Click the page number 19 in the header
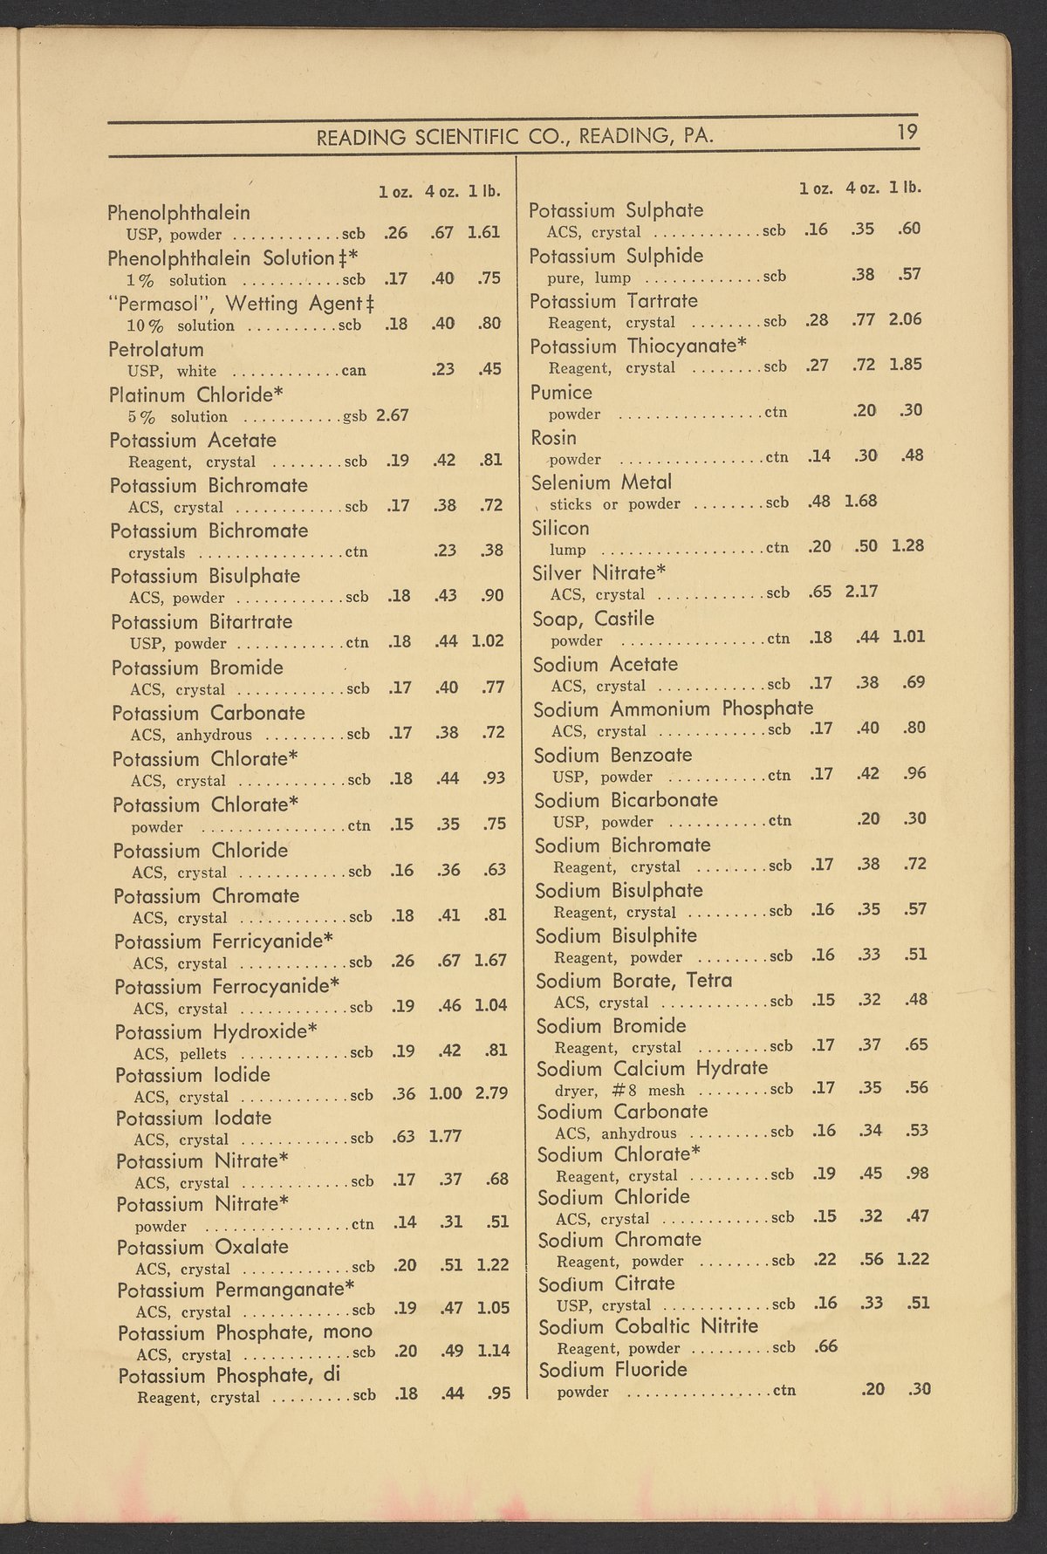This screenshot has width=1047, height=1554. coord(906,133)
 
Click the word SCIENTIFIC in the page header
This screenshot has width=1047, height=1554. coord(463,137)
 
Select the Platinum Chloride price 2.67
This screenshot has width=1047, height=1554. coord(393,414)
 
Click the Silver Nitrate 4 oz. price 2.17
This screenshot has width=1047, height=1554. coord(860,592)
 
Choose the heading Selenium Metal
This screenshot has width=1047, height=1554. coord(602,482)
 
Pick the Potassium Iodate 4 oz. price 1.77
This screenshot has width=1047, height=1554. coord(446,1136)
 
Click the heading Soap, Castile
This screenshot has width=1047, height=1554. coord(593,619)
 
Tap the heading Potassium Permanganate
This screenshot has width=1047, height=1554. coord(236,1289)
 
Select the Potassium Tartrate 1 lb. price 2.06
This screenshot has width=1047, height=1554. coord(905,319)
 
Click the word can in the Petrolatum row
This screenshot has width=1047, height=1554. coord(353,370)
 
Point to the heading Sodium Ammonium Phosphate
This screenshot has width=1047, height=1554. coord(673,709)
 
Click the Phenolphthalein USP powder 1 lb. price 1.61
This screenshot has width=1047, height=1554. coord(483,233)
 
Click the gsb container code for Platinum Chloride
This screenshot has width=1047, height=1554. coord(354,416)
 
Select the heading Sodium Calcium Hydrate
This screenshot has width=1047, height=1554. coord(652,1068)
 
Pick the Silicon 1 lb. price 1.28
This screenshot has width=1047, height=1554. coord(907,546)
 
